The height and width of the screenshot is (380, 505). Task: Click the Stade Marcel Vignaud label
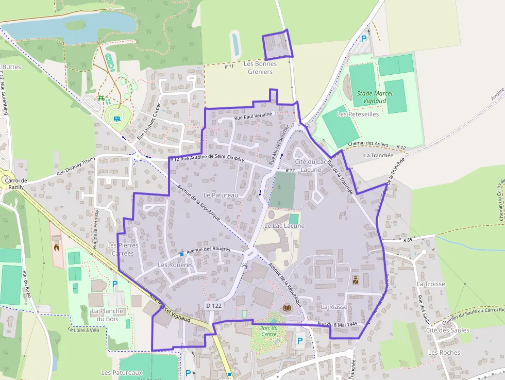[375, 97]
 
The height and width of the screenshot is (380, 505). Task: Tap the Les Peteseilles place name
[357, 114]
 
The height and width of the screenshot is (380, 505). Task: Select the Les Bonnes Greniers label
[260, 68]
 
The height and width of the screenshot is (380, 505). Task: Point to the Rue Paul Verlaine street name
[253, 118]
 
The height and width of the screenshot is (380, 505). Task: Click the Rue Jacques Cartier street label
[149, 122]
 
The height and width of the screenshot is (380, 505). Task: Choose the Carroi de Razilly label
[15, 184]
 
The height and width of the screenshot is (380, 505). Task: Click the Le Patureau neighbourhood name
[221, 195]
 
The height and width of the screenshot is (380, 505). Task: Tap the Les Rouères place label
[175, 265]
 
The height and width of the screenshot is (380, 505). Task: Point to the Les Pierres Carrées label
[122, 250]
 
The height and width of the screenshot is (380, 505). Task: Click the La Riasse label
[334, 306]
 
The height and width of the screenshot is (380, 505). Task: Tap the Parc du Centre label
[269, 331]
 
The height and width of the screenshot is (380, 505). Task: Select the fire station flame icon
[56, 247]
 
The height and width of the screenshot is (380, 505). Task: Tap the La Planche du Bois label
[107, 315]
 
